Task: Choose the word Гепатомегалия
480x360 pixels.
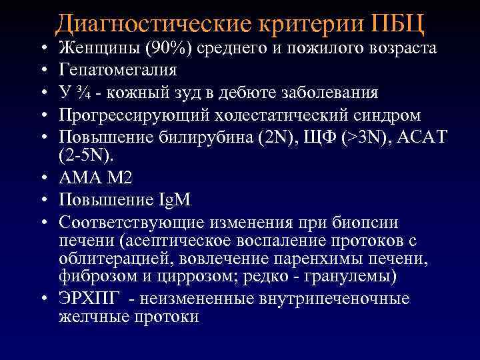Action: [x=119, y=70]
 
